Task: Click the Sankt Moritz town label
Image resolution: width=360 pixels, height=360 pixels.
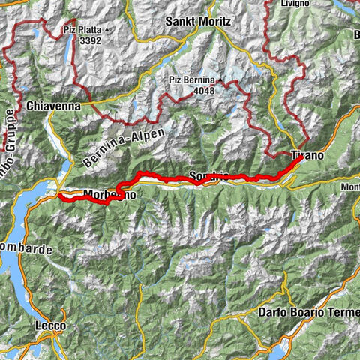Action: point(196,23)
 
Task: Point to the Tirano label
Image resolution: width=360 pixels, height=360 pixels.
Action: point(307,156)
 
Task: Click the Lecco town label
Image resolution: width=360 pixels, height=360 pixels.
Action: point(50,325)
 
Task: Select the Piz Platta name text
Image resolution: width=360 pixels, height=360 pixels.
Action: point(82,31)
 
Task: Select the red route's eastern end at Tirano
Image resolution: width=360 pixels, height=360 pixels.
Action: point(301,158)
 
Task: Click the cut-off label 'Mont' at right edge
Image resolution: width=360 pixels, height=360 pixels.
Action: point(349,187)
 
